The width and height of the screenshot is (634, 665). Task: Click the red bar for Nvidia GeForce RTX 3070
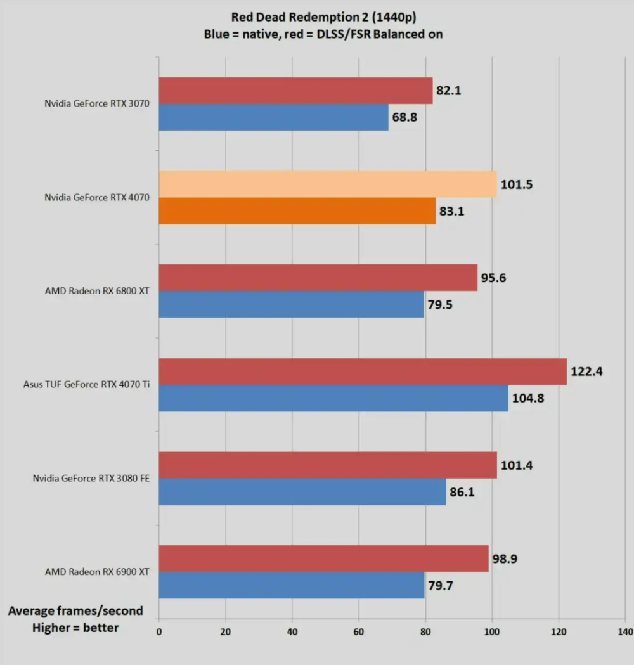pyautogui.click(x=295, y=91)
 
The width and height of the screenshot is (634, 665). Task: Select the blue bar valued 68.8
pyautogui.click(x=273, y=117)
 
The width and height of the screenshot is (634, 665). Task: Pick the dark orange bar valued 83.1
pyautogui.click(x=297, y=210)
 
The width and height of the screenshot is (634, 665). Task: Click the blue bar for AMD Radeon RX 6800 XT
pyautogui.click(x=291, y=304)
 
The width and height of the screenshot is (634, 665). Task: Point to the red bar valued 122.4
pyautogui.click(x=363, y=371)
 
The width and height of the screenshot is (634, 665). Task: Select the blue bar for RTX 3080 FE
pyautogui.click(x=302, y=491)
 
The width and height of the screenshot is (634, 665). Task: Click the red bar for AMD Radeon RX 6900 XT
pyautogui.click(x=323, y=558)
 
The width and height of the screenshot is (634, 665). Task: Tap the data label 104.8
pyautogui.click(x=528, y=398)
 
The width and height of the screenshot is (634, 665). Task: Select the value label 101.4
pyautogui.click(x=517, y=465)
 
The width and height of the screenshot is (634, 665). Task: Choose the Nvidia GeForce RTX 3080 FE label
pyautogui.click(x=91, y=478)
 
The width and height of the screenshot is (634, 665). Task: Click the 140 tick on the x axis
pyautogui.click(x=624, y=632)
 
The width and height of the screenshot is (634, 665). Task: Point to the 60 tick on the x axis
pyautogui.click(x=359, y=632)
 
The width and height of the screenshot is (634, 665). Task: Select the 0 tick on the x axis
pyautogui.click(x=159, y=632)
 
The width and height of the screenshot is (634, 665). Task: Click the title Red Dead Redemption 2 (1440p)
pyautogui.click(x=323, y=17)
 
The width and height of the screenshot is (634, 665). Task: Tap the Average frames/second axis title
pyautogui.click(x=75, y=611)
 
